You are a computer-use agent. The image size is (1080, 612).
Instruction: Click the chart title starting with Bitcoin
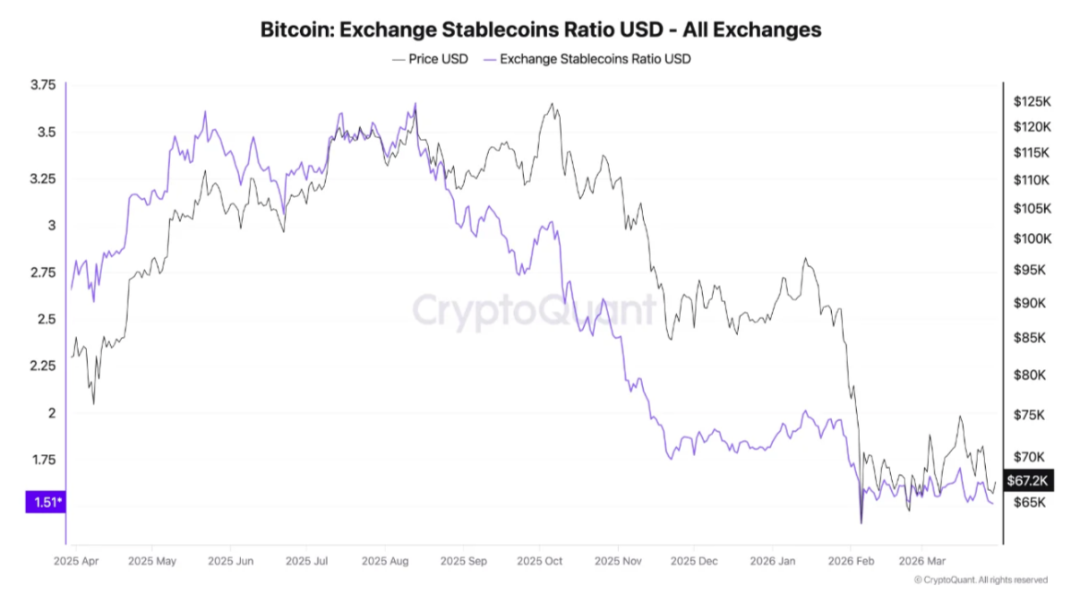click(x=540, y=30)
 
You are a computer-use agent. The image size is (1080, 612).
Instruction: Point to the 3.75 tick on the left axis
click(x=43, y=85)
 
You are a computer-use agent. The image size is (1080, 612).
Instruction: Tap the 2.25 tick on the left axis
click(x=43, y=365)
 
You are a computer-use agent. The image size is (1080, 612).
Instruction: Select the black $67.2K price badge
click(x=1027, y=481)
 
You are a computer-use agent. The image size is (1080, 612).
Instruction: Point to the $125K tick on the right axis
click(x=1031, y=101)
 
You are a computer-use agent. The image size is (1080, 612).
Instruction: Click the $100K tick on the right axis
click(x=1031, y=238)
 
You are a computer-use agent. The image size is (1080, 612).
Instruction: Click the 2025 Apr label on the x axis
click(x=76, y=562)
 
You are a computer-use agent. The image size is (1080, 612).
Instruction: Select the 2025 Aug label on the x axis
click(x=385, y=562)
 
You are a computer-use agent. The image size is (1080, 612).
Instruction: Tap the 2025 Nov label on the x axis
click(x=619, y=562)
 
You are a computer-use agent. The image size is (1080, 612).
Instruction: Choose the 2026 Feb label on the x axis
click(x=852, y=562)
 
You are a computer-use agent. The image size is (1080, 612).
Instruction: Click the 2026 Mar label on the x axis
click(x=922, y=562)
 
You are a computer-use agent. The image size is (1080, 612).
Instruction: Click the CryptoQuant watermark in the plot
click(x=534, y=310)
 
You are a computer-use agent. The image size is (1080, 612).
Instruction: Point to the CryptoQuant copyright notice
click(x=981, y=580)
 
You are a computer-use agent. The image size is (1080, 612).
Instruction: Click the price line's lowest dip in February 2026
click(x=861, y=523)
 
